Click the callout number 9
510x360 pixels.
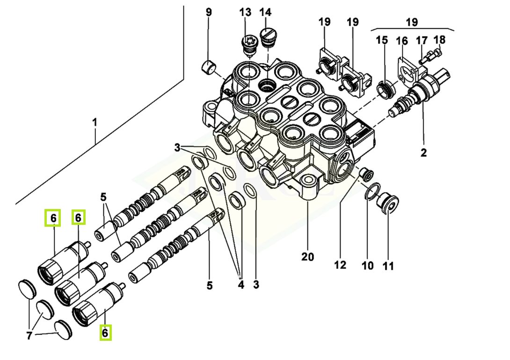(209, 12)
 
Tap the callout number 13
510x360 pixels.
(245, 12)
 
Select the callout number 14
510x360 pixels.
(265, 12)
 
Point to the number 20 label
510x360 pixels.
(307, 256)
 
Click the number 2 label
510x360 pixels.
(423, 152)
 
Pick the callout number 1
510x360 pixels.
(95, 122)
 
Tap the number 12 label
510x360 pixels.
(340, 265)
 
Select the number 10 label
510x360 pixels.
(368, 266)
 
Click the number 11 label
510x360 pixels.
(388, 266)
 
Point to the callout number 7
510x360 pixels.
(29, 336)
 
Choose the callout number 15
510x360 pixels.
(382, 40)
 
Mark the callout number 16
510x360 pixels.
(402, 41)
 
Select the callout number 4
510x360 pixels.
(240, 284)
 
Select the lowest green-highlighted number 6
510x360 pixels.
(105, 333)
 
